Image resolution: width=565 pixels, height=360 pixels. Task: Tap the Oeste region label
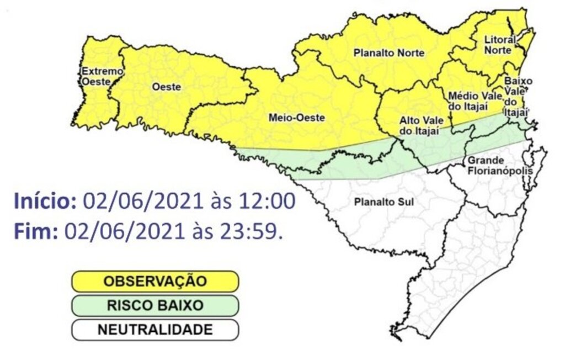166,87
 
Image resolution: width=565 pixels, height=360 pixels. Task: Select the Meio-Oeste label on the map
296,118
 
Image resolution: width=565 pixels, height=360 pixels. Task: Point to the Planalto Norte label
389,54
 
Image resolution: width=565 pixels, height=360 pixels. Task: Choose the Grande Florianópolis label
500,166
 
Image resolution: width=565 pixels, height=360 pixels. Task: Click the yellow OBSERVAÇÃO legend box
154,281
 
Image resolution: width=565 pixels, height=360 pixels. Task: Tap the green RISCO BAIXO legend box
154,305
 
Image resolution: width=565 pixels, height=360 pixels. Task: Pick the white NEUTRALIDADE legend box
154,330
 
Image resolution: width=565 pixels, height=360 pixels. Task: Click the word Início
45,200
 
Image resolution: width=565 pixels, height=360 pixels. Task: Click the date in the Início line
143,201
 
